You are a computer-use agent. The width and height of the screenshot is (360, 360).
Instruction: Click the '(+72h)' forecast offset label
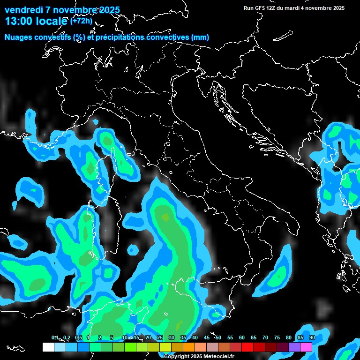click(82, 21)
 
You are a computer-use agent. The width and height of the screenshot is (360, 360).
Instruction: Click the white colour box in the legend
click(48, 347)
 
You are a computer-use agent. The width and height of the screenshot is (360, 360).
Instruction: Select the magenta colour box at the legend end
click(306, 347)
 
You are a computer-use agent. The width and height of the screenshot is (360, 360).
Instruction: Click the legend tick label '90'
click(312, 338)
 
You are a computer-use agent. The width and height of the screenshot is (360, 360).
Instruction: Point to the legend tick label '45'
click(207, 338)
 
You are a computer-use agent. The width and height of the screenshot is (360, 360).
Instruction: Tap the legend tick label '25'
click(160, 338)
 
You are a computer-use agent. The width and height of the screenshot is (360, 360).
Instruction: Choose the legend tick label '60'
click(242, 338)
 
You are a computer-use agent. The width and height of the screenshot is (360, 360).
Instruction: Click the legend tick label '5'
click(112, 338)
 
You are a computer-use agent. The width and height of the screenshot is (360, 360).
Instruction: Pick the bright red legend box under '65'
click(247, 347)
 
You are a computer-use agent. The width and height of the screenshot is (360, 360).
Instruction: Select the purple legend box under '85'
click(294, 347)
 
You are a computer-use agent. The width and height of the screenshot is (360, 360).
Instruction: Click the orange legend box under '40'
click(189, 347)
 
